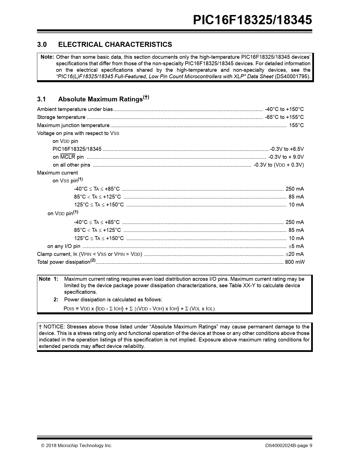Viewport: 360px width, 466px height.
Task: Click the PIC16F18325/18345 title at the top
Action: tap(252, 20)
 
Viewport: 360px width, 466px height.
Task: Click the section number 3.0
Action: tap(42, 45)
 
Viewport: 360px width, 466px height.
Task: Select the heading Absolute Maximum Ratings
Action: tap(100, 99)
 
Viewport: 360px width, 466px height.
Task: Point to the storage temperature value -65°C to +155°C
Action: tap(284, 117)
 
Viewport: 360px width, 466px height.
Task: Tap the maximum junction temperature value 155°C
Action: tap(296, 125)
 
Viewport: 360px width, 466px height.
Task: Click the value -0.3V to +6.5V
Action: tap(287, 149)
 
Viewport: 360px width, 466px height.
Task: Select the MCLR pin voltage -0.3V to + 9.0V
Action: tap(286, 157)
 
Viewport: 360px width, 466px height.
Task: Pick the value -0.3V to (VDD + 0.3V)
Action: tap(278, 165)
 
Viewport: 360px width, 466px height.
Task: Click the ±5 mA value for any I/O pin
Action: tap(296, 246)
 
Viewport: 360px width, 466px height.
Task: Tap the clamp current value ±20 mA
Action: tap(294, 254)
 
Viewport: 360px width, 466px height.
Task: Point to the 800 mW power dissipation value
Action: tap(294, 262)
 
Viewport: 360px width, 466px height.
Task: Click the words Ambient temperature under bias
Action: tap(75, 109)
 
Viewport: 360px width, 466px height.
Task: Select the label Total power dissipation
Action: tap(64, 262)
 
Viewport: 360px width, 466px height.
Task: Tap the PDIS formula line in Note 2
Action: tap(139, 309)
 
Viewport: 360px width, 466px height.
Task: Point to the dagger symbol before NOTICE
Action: tap(40, 327)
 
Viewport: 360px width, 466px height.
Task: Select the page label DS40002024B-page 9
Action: tap(289, 446)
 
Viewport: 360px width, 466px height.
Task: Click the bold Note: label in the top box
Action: tap(47, 57)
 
